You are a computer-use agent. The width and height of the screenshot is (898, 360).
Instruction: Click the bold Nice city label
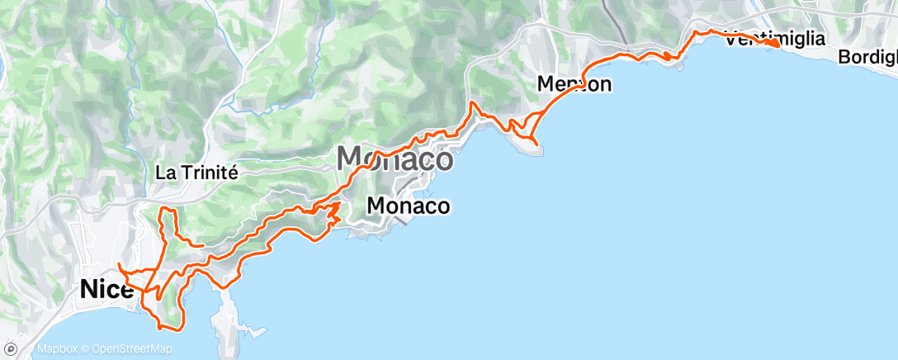coord(106,290)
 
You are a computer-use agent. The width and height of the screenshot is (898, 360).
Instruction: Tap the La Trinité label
coord(196,173)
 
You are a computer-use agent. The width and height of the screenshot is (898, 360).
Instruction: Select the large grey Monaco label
coord(395,158)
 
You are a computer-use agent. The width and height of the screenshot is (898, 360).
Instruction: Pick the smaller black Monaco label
coord(409,206)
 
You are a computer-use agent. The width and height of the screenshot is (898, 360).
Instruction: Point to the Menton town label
coord(574,84)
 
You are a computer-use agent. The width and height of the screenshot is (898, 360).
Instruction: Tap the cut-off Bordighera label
coord(867,57)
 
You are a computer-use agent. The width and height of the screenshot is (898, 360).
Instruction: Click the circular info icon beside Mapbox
coord(12,348)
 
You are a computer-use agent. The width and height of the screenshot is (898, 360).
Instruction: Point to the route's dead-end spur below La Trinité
coord(203,245)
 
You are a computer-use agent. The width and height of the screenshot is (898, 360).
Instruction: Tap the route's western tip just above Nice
coord(120,264)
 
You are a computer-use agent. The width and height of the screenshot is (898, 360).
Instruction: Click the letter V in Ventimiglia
coord(730,39)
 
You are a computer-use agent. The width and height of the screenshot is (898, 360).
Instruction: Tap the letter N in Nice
coord(88,290)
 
